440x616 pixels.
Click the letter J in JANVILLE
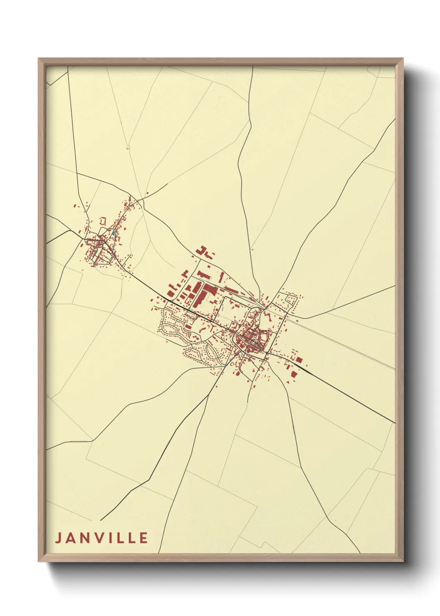[x=58, y=538]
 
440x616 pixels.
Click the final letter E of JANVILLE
[x=143, y=538]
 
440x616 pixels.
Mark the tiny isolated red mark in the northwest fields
[x=128, y=148]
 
